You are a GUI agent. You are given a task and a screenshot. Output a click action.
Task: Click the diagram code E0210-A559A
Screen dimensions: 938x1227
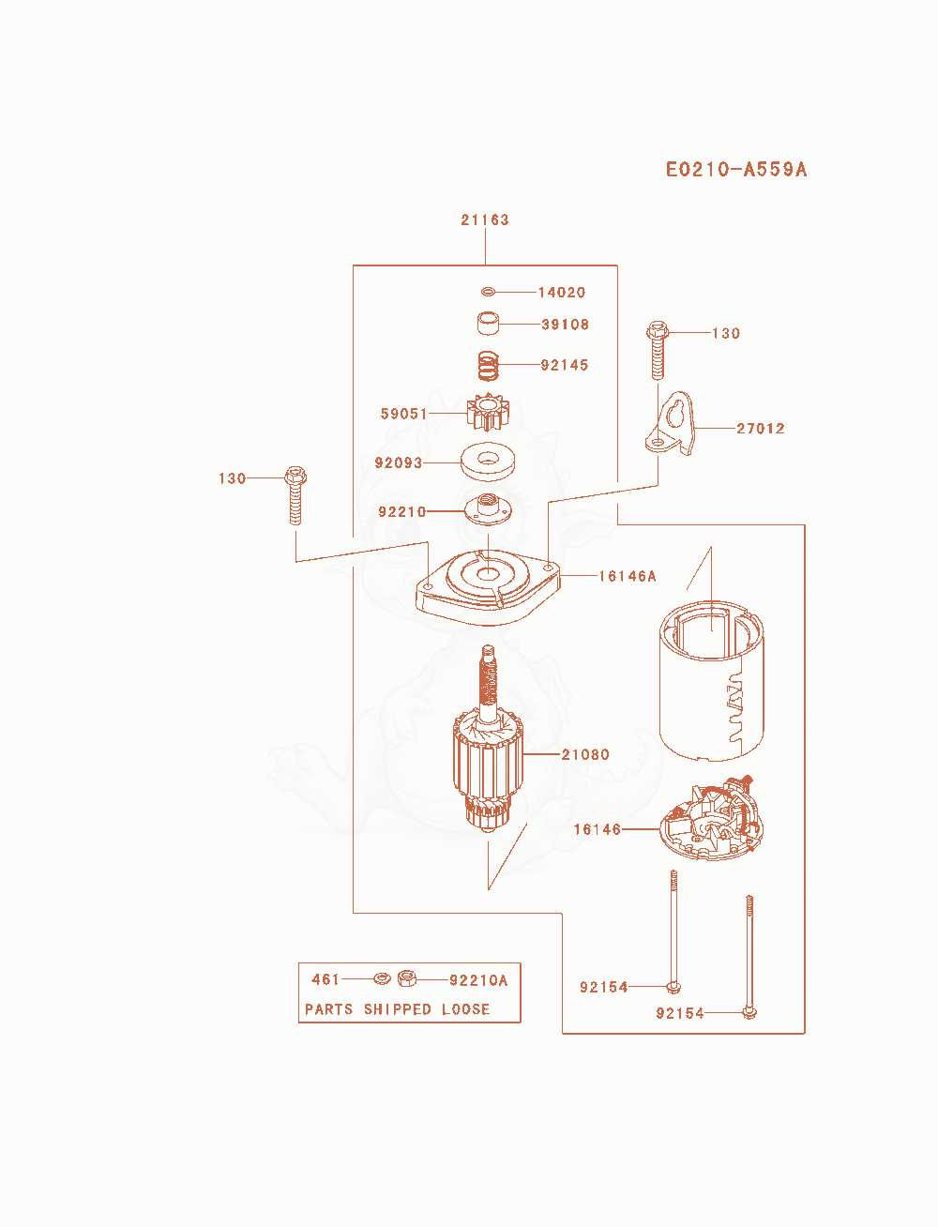(736, 170)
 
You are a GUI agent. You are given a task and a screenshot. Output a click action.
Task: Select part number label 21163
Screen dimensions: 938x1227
(485, 220)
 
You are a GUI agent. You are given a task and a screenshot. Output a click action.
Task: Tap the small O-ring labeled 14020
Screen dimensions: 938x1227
(488, 292)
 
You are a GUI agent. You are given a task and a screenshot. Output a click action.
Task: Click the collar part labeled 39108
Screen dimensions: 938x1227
(488, 324)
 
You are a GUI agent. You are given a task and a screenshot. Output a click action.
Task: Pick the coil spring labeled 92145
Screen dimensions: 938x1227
(488, 366)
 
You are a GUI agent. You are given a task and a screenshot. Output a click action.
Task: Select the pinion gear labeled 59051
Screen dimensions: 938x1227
(488, 413)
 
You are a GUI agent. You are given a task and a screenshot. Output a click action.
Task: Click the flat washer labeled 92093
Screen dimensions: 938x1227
(488, 462)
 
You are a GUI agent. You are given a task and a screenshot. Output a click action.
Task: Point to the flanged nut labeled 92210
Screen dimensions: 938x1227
(488, 508)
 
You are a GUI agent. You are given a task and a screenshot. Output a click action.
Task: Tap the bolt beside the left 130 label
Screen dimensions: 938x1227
(295, 495)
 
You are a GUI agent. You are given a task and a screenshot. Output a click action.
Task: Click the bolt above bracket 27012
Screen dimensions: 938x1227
(658, 351)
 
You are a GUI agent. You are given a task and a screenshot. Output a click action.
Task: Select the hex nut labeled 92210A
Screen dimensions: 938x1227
(407, 978)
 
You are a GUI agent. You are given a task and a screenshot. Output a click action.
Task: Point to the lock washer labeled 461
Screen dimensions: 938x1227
(382, 978)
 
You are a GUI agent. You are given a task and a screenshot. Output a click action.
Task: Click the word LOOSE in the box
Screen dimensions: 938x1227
(465, 1009)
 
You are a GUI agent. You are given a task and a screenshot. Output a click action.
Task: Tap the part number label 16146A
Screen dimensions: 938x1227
(628, 576)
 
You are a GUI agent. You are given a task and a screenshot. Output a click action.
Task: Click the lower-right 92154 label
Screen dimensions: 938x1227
(680, 1013)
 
